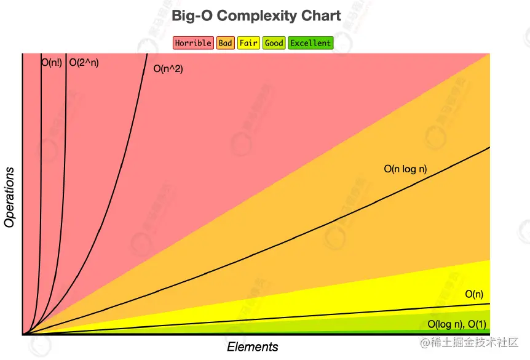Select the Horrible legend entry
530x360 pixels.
(193, 43)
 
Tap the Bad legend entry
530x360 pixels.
(226, 43)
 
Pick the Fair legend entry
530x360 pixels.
(248, 43)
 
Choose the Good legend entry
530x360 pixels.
(274, 43)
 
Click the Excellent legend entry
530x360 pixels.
(310, 43)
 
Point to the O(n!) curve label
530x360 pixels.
(52, 62)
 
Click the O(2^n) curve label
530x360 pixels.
(84, 62)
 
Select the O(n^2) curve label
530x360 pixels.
(168, 69)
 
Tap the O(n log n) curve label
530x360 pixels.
(405, 169)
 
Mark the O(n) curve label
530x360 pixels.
(473, 294)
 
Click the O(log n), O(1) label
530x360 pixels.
(457, 324)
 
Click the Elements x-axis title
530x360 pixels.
(253, 347)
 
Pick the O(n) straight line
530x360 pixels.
(307, 317)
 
